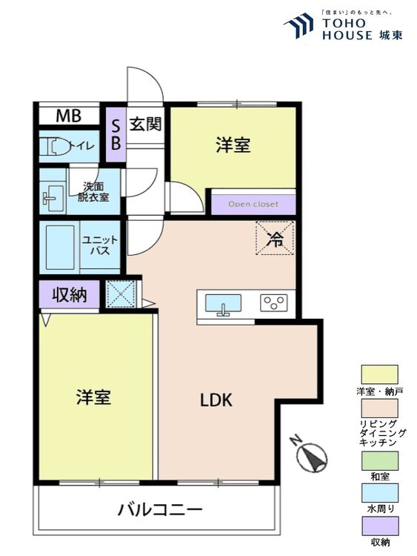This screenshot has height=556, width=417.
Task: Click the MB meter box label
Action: pos(68,116)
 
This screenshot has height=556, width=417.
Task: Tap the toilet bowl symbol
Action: pos(55,147)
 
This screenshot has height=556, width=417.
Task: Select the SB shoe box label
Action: pos(116,134)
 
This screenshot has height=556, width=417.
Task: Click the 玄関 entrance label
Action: pos(145,124)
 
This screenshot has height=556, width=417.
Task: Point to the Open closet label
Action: pos(253,204)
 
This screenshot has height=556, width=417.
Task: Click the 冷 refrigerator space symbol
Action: pos(276,238)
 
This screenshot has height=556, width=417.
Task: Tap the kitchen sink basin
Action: pos(223,304)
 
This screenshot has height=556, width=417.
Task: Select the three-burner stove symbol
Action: pos(273,302)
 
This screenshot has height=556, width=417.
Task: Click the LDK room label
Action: pos(216,400)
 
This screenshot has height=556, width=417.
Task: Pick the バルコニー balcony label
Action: pos(159,510)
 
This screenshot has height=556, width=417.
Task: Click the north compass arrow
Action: pos(313,457)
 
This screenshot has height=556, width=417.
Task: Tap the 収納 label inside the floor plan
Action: pos(70,294)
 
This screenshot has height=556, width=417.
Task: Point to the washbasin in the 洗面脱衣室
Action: pos(52,196)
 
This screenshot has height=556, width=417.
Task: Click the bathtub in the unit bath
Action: pos(60,247)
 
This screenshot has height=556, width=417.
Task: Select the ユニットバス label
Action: pos(100,245)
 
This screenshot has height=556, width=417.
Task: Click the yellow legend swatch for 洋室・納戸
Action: pos(379,374)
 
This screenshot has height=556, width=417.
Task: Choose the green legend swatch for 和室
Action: pos(379,460)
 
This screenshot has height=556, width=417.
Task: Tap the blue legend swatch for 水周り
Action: pos(379,493)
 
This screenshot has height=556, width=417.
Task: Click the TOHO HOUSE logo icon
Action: pos(299,25)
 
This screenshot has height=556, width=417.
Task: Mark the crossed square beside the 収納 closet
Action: pos(121,294)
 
